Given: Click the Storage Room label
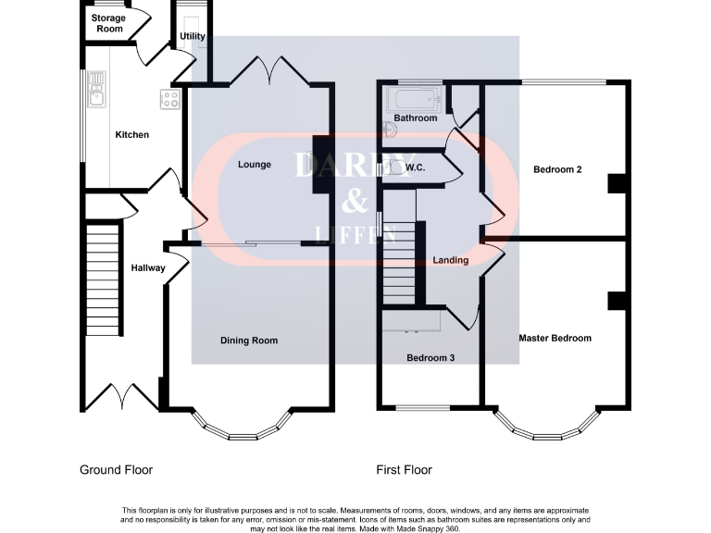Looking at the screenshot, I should coord(108,23).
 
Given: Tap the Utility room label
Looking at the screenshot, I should coord(193,37).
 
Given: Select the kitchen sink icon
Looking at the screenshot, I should coord(96,93).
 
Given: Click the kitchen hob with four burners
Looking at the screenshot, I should coord(170,98).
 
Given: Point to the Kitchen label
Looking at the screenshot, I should coord(131,135).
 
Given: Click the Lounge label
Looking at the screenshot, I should coord(255,165).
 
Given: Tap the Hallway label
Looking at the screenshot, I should coord(147,268).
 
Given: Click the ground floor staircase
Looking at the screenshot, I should coord(104,282).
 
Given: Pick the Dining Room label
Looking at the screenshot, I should coord(249,341).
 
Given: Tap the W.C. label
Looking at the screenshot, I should coord(415,167).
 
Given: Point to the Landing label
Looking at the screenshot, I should coord(451,260).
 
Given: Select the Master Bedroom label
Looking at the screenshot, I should coord(555,338).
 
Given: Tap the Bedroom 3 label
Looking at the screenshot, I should coord(430,357).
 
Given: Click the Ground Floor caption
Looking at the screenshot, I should coord(116,470).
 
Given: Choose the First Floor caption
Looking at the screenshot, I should coord(404,470).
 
